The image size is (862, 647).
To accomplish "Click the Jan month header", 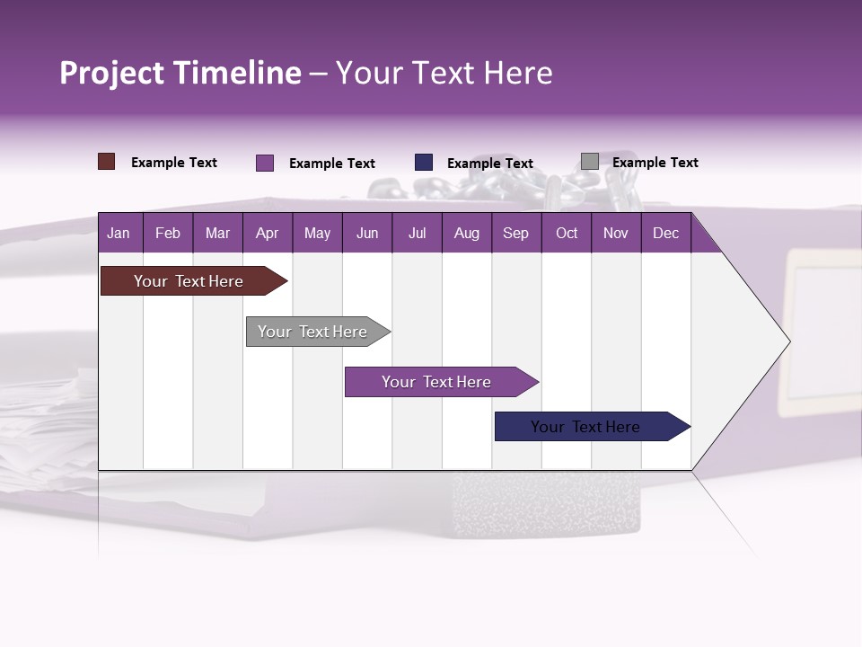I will [x=119, y=233].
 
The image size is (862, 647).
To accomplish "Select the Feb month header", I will [x=168, y=233].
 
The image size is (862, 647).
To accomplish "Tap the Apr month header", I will [x=268, y=233].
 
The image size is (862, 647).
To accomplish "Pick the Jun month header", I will [x=367, y=233].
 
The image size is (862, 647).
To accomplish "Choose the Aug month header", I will [x=467, y=233].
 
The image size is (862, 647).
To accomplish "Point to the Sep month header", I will [x=516, y=233].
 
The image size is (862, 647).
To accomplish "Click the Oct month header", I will [x=567, y=233].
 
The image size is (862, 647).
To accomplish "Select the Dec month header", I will [x=666, y=233].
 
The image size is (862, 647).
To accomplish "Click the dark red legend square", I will [x=107, y=162].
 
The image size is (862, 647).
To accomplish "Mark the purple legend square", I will [x=265, y=163].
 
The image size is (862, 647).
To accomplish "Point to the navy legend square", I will [x=424, y=163].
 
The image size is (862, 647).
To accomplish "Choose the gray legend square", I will [x=590, y=162].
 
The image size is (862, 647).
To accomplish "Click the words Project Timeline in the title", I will [x=180, y=73].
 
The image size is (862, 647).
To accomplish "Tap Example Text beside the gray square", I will [x=655, y=163].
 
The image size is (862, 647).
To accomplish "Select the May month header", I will [x=317, y=233].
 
